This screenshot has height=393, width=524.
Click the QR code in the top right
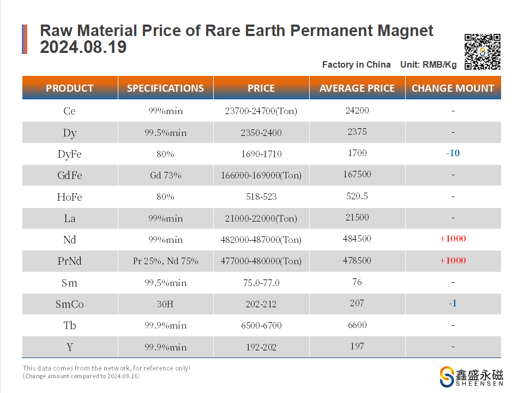[482, 52]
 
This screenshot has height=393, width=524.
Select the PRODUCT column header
[69, 88]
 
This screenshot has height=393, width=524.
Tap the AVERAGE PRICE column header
[357, 88]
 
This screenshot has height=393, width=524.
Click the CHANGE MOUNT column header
[453, 88]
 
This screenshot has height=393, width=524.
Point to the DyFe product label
[69, 154]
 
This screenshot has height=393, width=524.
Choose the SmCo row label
[69, 304]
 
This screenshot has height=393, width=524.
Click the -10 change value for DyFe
[453, 153]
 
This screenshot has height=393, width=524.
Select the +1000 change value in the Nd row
[453, 239]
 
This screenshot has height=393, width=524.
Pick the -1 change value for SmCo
[453, 303]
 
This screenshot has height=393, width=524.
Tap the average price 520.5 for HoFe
[357, 196]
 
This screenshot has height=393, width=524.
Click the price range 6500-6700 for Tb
[261, 325]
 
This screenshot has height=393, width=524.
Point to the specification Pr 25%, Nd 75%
[165, 261]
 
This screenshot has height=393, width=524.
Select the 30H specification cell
[165, 304]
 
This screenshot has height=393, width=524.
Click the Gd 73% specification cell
[165, 175]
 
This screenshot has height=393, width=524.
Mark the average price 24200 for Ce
[357, 110]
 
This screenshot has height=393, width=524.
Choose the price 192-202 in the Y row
[261, 347]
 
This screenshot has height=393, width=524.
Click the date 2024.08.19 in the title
[83, 47]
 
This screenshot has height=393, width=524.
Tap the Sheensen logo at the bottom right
[471, 377]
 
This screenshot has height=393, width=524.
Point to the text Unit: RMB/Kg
[428, 64]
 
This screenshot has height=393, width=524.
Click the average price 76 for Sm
[357, 282]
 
